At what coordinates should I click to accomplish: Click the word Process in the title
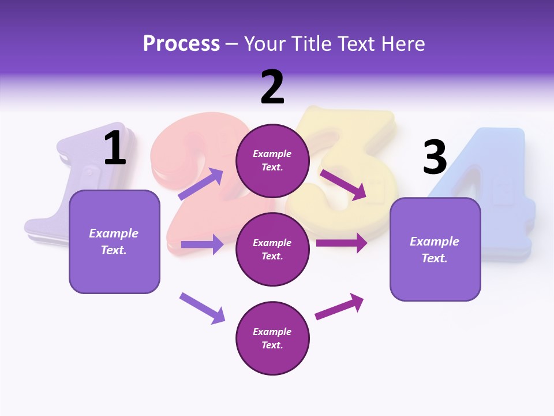(181, 44)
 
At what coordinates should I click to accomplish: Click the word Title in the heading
(312, 44)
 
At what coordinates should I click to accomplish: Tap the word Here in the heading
(402, 44)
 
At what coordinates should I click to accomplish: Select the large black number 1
(115, 148)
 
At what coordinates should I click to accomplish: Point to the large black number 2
(272, 87)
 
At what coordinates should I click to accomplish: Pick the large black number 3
(435, 157)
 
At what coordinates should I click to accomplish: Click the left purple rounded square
(114, 242)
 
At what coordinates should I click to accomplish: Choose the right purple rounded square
(435, 250)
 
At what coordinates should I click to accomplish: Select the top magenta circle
(272, 161)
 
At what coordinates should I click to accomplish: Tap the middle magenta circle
(272, 250)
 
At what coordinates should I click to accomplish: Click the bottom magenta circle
(272, 339)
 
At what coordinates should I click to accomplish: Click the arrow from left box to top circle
(200, 184)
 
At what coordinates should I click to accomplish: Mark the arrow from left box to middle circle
(202, 244)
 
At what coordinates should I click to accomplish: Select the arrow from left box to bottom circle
(202, 308)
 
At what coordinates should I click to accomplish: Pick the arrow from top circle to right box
(344, 185)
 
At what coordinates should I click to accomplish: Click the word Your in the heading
(265, 44)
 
